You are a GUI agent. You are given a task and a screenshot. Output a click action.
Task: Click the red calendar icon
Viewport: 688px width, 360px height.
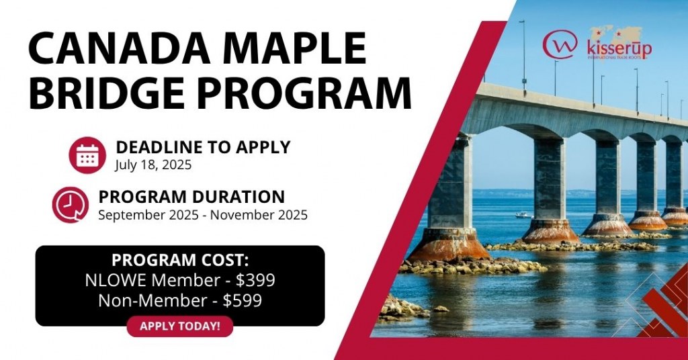click(87, 154)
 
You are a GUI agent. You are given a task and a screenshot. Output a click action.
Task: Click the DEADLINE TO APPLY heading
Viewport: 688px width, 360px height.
click(203, 146)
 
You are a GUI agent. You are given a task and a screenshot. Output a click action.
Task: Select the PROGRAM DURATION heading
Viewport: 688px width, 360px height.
click(191, 197)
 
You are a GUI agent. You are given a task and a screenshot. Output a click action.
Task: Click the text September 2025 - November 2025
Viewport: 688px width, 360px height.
click(203, 215)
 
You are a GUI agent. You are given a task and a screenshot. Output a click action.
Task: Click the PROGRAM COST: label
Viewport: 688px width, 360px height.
click(179, 260)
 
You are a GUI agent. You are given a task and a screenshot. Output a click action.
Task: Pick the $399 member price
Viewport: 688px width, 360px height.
click(255, 280)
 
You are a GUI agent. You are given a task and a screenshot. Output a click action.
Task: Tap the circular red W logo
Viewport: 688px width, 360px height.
click(560, 44)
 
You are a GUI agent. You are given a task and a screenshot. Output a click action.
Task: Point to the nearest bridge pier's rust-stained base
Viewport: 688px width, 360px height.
click(449, 246)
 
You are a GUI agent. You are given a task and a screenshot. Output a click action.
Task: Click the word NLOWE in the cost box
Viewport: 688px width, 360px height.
click(112, 280)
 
